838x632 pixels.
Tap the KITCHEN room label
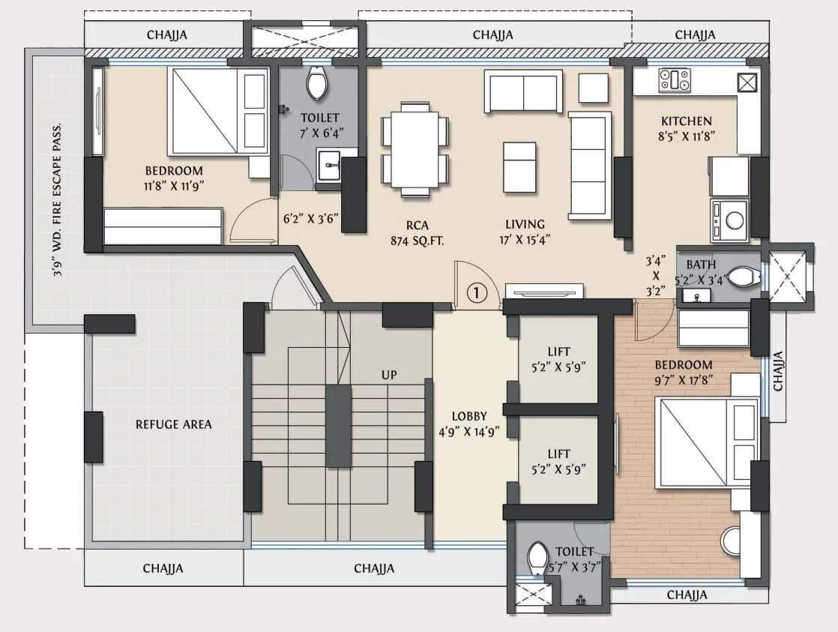(x=686, y=121)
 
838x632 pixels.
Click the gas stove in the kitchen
(x=674, y=80)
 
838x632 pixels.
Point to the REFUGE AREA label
(x=173, y=424)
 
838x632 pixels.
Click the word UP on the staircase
(x=388, y=374)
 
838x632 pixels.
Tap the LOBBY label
(x=469, y=416)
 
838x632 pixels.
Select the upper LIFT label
(x=558, y=352)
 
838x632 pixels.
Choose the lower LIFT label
(x=558, y=454)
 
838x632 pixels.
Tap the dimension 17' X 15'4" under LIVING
(x=524, y=240)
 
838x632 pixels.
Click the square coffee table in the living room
(x=519, y=166)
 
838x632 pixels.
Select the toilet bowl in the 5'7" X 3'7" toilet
(x=537, y=559)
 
